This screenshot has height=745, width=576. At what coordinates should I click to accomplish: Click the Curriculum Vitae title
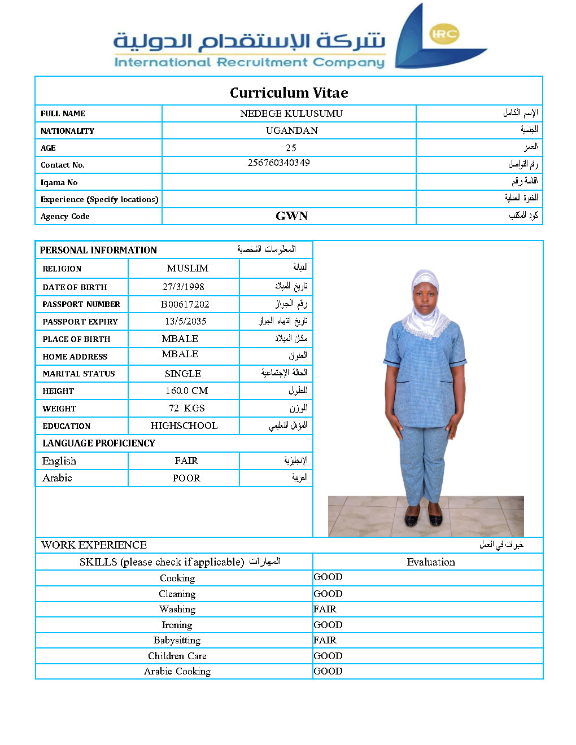pyautogui.click(x=289, y=93)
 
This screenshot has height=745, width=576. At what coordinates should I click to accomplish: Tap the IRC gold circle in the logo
pyautogui.click(x=444, y=34)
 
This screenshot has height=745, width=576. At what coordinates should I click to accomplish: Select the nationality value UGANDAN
pyautogui.click(x=291, y=130)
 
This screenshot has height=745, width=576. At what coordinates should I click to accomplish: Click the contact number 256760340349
pyautogui.click(x=278, y=163)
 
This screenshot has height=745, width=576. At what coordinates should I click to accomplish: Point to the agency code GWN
pyautogui.click(x=291, y=216)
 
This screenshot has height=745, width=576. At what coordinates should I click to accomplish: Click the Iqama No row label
pyautogui.click(x=59, y=182)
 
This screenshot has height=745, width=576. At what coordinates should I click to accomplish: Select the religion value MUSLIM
pyautogui.click(x=187, y=268)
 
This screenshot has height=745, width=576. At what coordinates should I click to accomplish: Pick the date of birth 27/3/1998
pyautogui.click(x=183, y=287)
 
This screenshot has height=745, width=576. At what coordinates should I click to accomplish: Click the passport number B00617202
pyautogui.click(x=185, y=304)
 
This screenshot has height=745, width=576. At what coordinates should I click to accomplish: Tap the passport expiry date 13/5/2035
pyautogui.click(x=185, y=321)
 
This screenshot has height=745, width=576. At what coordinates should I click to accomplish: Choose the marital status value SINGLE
pyautogui.click(x=182, y=374)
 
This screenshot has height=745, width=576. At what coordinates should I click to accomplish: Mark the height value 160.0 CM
pyautogui.click(x=186, y=391)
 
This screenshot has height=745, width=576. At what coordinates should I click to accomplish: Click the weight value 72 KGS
pyautogui.click(x=186, y=408)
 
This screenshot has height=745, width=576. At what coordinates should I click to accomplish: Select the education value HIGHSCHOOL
pyautogui.click(x=184, y=426)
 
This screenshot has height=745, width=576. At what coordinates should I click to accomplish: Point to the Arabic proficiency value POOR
pyautogui.click(x=186, y=478)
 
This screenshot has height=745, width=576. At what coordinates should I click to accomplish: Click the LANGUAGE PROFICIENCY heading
pyautogui.click(x=98, y=443)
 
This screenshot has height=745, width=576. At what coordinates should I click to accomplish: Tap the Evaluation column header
pyautogui.click(x=430, y=562)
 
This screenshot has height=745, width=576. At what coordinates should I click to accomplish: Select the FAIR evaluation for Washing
pyautogui.click(x=325, y=609)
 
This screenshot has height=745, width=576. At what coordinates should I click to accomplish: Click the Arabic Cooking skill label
pyautogui.click(x=177, y=671)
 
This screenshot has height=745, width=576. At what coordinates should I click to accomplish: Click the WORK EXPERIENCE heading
pyautogui.click(x=94, y=545)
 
